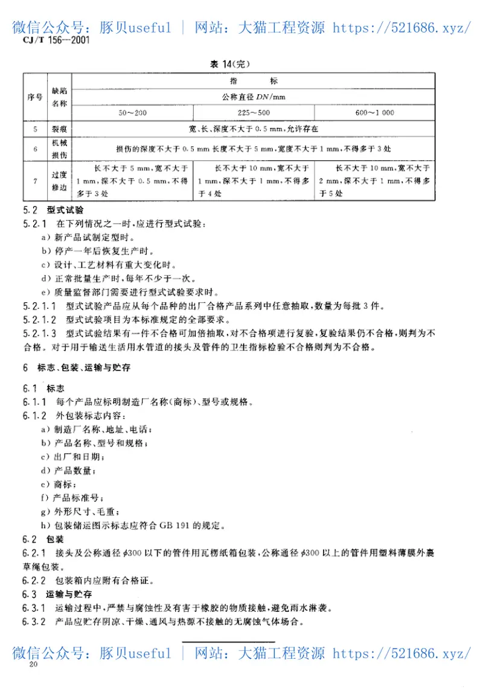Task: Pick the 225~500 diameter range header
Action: coord(254,113)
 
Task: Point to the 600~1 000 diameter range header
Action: coord(375,113)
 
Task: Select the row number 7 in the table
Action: coord(34,180)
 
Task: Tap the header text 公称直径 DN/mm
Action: coord(253,96)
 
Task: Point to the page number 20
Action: coord(33,664)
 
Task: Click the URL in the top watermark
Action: coord(402,27)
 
